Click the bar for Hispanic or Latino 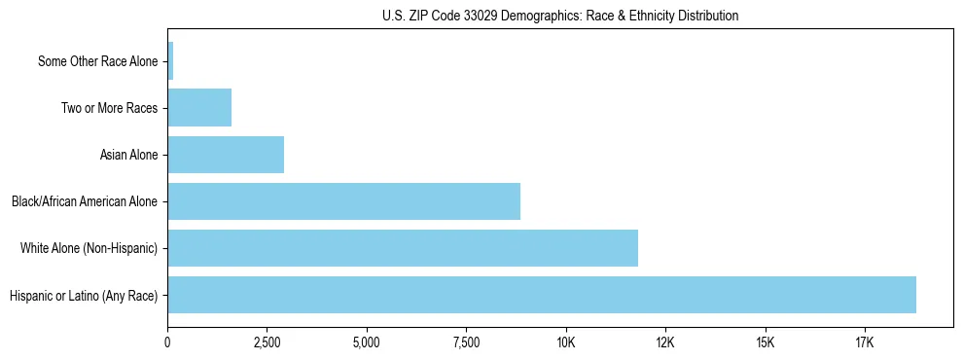coord(541,295)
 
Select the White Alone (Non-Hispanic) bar coord(403,248)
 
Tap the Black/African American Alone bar coord(343,201)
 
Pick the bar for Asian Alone coord(226,155)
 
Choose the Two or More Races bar coord(199,108)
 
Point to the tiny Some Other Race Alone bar coord(170,61)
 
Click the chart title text coord(560,16)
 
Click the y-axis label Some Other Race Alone coord(97,61)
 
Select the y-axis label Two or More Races coord(109,108)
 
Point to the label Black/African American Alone coord(85,201)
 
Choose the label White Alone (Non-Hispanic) coord(89,248)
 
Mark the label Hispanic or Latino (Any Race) coord(83,295)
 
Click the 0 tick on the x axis coord(168,342)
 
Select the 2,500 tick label coord(267,342)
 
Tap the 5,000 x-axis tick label coord(367,342)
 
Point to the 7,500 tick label coord(466,342)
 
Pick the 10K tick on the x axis coord(566,342)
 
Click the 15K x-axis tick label coord(765,342)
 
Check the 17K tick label coord(864,342)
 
